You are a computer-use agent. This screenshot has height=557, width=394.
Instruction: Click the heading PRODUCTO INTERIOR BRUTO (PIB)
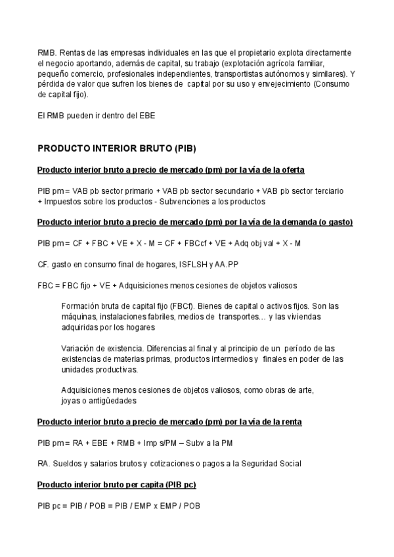pyautogui.click(x=117, y=148)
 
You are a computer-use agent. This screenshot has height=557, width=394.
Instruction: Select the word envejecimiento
pyautogui.click(x=278, y=84)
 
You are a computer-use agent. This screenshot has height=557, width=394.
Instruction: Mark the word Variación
pyautogui.click(x=78, y=348)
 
